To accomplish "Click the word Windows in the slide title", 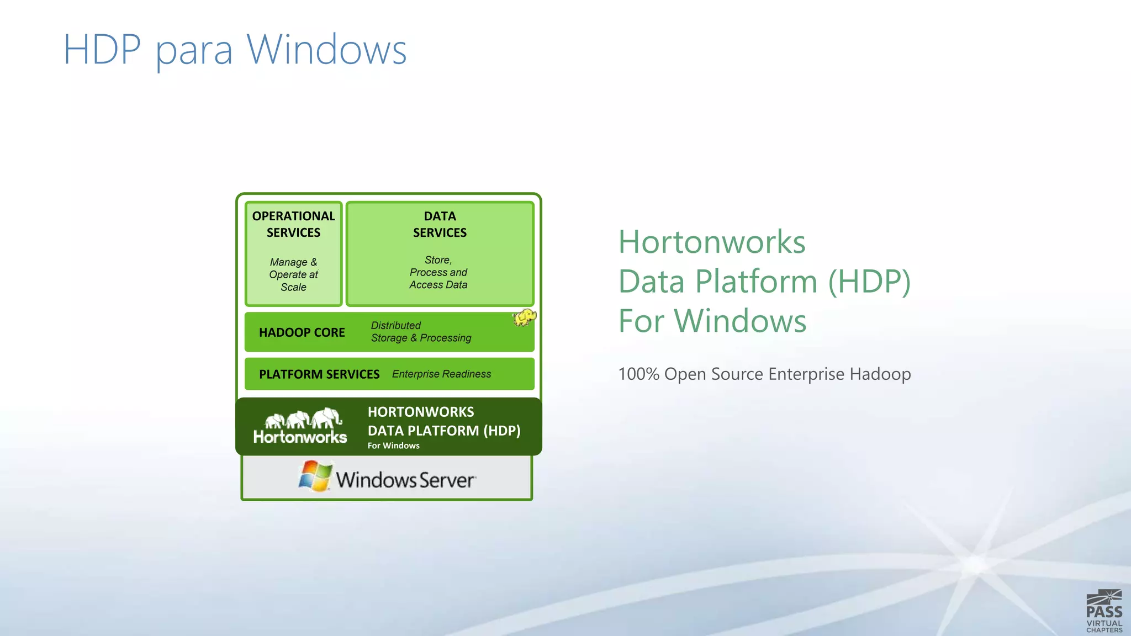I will pos(326,50).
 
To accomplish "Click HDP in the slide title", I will pos(102,50).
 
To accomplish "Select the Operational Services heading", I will pos(293,224).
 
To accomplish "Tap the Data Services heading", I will pos(440,224).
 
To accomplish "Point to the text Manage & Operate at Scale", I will pos(293,274).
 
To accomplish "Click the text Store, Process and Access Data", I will pos(438,272).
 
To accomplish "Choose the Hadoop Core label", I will pos(302,332).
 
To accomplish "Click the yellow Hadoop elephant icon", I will pos(524,317).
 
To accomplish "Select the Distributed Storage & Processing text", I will pos(421,332).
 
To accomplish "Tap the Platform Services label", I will pos(319,374).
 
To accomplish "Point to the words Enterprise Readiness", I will pos(441,374).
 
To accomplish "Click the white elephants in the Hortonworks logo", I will pos(303,419).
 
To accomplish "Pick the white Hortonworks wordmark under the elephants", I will pos(300,437).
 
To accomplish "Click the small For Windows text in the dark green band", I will pos(393,446).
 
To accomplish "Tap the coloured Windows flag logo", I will pos(315,476).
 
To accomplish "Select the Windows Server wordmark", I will pos(405,480).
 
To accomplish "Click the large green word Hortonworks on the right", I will pos(711,242).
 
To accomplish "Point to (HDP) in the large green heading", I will pos(869,282).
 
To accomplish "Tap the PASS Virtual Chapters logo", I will pos(1104,611).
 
